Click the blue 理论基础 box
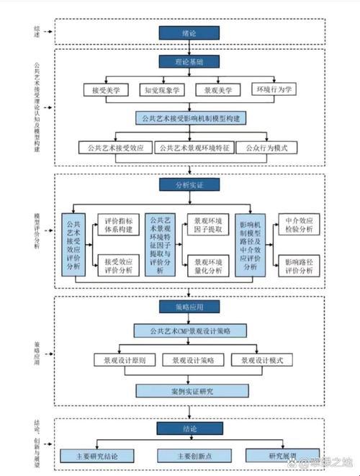click(x=189, y=62)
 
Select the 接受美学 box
click(x=106, y=91)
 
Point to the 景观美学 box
click(x=217, y=91)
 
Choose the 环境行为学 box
click(x=271, y=91)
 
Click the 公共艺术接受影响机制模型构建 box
click(x=189, y=118)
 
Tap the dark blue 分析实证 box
click(x=189, y=185)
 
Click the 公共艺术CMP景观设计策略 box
click(x=189, y=331)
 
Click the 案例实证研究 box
click(x=189, y=390)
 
